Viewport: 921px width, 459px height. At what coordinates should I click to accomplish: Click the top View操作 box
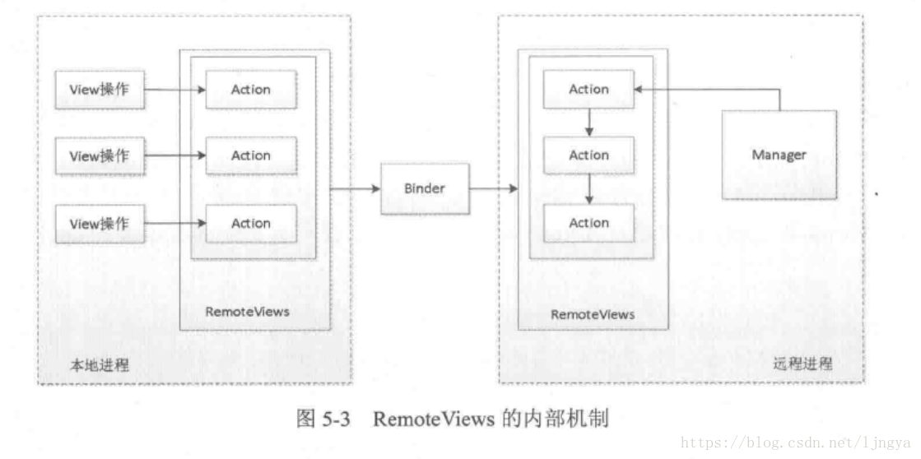100,90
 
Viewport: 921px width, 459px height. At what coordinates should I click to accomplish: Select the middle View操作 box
100,155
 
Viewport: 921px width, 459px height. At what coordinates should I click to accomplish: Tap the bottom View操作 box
100,223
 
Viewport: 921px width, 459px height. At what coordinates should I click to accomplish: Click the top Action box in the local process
250,90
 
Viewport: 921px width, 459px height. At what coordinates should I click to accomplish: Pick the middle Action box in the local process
250,155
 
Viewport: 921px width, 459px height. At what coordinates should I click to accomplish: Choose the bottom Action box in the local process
250,223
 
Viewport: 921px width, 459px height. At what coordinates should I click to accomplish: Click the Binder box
425,188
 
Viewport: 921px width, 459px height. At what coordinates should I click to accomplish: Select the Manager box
779,155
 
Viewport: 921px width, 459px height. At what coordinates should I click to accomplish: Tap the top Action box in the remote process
588,90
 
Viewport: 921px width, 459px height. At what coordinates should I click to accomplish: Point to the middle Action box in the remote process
588,155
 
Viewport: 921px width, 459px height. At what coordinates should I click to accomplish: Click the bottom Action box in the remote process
588,223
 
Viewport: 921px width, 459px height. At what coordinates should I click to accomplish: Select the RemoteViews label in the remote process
592,314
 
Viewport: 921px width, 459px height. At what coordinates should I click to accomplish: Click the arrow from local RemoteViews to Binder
355,188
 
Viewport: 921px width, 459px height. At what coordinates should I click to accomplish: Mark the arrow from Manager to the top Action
708,90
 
